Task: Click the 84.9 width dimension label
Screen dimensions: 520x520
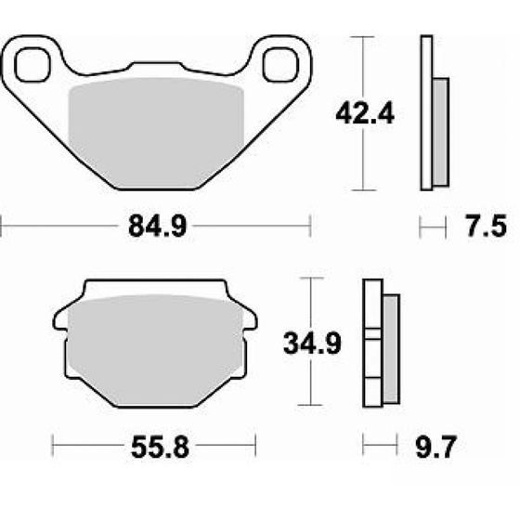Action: (158, 226)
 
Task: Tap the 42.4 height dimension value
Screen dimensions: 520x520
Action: (365, 113)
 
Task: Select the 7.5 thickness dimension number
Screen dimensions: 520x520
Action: (487, 226)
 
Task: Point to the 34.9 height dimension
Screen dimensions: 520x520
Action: (312, 344)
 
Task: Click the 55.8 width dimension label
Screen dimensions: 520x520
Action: (160, 447)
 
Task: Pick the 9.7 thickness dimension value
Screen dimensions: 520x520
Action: (436, 447)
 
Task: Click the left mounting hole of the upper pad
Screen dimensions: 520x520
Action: (32, 65)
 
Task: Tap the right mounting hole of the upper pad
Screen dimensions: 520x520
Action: (280, 65)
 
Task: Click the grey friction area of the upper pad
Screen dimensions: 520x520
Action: (156, 133)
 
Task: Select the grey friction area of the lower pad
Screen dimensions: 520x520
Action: (155, 350)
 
